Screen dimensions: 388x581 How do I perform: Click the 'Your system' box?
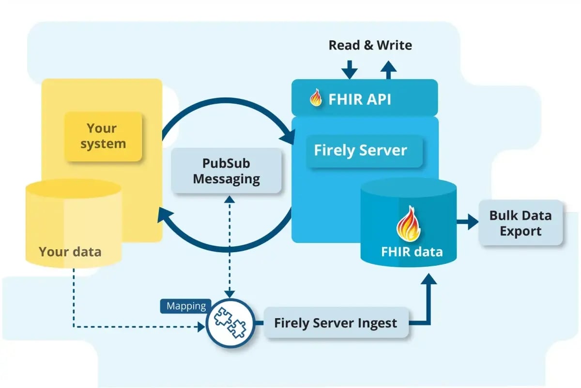pyautogui.click(x=103, y=136)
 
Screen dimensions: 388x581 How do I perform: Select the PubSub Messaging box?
pyautogui.click(x=227, y=171)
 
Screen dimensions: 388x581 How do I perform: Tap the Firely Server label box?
pyautogui.click(x=361, y=150)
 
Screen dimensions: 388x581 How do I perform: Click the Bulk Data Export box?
pyautogui.click(x=520, y=223)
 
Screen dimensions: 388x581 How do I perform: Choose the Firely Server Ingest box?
pyautogui.click(x=336, y=323)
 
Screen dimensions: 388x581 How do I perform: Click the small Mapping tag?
pyautogui.click(x=186, y=306)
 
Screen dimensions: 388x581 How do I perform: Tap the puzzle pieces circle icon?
pyautogui.click(x=230, y=323)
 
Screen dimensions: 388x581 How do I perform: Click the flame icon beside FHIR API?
pyautogui.click(x=316, y=98)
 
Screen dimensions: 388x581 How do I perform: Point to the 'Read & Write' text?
pyautogui.click(x=370, y=46)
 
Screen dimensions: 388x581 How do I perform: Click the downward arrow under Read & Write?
pyautogui.click(x=349, y=69)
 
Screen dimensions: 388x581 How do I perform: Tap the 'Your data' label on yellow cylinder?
pyautogui.click(x=70, y=251)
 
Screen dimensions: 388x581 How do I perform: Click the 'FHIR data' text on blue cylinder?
pyautogui.click(x=412, y=252)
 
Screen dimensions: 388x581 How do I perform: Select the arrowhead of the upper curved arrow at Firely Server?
pyautogui.click(x=290, y=135)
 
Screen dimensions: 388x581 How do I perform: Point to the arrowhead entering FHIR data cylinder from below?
pyautogui.click(x=428, y=280)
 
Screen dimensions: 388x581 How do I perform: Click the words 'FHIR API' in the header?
pyautogui.click(x=360, y=99)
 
